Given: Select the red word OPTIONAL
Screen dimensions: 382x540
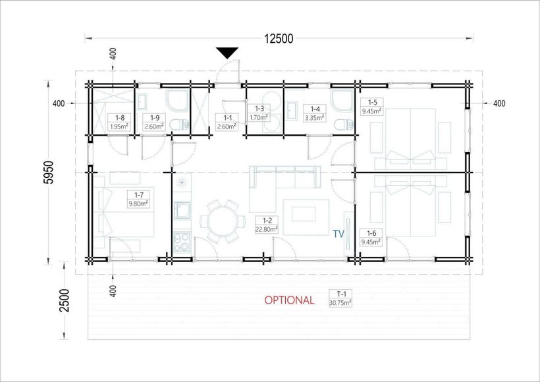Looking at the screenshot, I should pyautogui.click(x=289, y=300).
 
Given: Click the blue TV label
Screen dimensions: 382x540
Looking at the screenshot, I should pyautogui.click(x=338, y=233).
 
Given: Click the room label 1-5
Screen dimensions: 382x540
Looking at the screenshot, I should pyautogui.click(x=372, y=102).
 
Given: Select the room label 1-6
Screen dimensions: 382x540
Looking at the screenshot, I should pyautogui.click(x=372, y=233).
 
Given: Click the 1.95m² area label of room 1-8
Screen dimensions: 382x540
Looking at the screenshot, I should pyautogui.click(x=119, y=126).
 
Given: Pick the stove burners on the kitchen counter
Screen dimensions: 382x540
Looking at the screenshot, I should pyautogui.click(x=181, y=239).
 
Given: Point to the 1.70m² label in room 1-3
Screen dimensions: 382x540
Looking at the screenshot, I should pyautogui.click(x=258, y=117).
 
